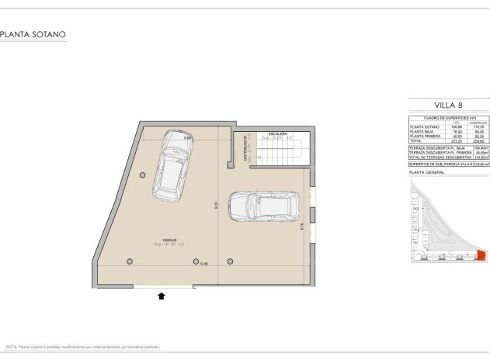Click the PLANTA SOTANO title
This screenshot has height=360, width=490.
pos(33,35)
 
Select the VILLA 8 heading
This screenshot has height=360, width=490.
pos(448,105)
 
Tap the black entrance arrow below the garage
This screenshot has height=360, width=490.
pos(162,296)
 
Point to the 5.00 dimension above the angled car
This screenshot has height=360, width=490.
pos(188,138)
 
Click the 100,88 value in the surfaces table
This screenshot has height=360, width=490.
pos(457,126)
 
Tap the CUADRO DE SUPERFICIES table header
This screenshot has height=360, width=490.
pos(448,116)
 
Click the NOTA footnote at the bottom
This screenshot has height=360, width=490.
pos(82,346)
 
